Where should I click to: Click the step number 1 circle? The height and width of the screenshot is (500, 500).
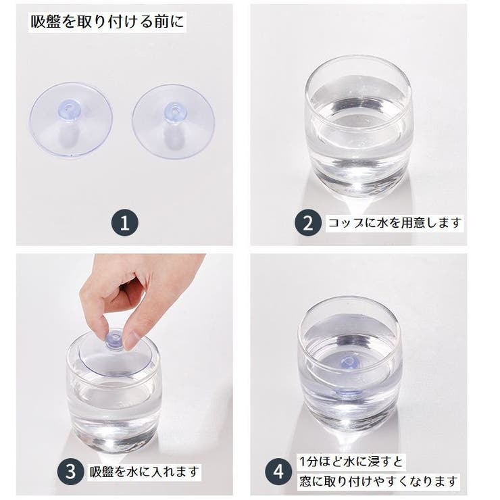125,222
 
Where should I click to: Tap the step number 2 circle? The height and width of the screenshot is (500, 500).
307,222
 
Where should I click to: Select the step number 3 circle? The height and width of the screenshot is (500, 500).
71,472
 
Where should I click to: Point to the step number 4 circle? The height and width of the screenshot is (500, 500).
278,472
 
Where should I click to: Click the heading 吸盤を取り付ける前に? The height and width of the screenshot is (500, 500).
107,22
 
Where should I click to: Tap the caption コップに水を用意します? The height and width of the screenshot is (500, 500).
395,222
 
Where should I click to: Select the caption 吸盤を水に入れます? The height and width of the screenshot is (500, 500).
145,472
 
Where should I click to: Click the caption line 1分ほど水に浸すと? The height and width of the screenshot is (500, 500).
351,461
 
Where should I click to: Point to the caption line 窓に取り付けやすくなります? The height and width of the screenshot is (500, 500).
379,481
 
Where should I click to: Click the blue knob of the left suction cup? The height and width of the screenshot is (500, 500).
68,108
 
